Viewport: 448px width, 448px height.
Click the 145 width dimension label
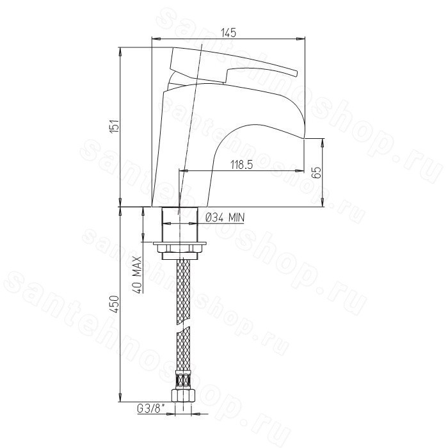pos(229,33)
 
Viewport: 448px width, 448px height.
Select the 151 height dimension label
pos(115,125)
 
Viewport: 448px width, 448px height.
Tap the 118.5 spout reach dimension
pos(242,165)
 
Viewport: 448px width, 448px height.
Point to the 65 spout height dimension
pos(317,172)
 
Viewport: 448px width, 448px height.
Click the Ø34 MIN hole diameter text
pos(225,218)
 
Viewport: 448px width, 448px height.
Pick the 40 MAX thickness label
pos(138,275)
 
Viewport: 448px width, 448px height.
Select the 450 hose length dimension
pos(115,305)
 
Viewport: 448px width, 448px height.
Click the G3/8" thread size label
pos(151,409)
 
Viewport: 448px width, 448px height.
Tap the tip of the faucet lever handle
pos(296,74)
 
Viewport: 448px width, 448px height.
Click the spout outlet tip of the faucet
pos(304,138)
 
